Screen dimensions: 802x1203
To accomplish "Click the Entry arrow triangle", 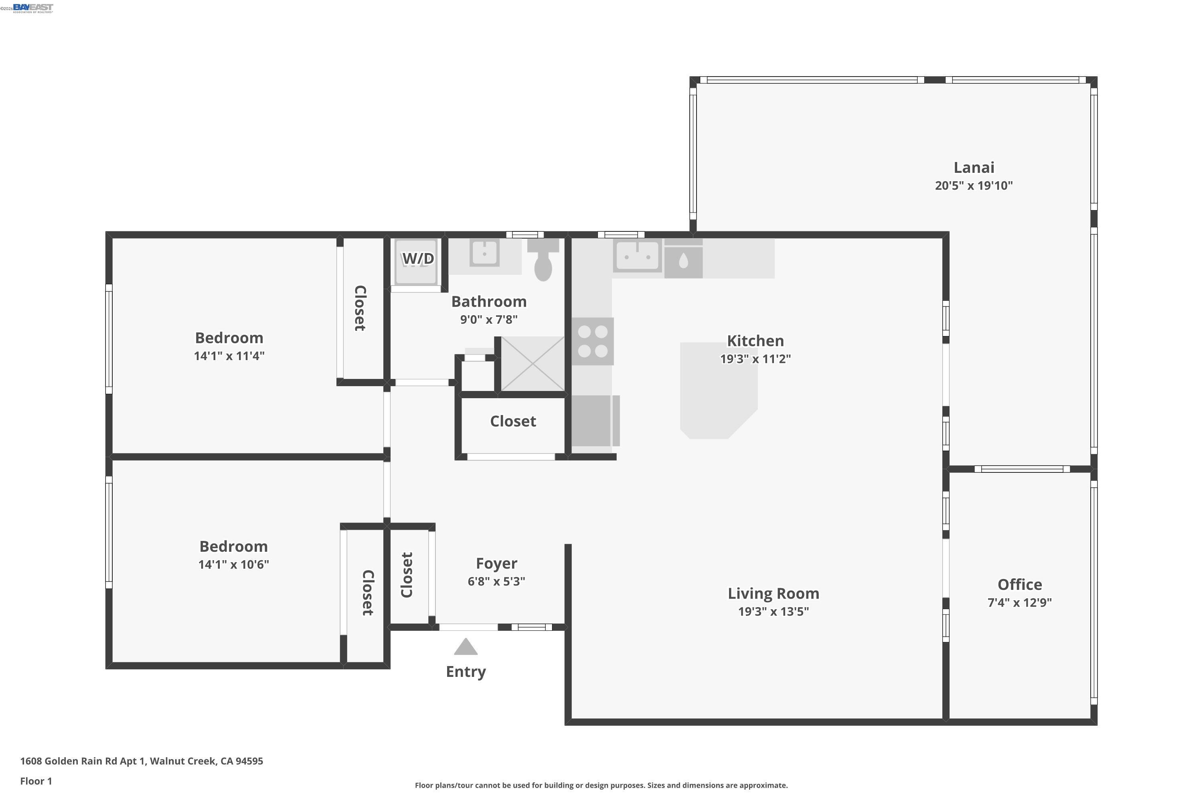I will pos(466,648).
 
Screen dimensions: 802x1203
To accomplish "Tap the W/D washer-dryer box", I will pos(417,262).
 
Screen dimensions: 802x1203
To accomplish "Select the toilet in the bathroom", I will pos(543,263).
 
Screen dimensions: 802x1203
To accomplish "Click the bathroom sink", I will pos(484,253).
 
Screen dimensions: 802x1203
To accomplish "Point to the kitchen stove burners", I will pos(592,341).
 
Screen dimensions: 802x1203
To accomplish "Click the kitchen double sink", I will pos(637,256).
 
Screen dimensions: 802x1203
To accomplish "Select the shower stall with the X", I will pos(533,364).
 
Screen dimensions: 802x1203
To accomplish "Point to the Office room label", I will pos(1019,585).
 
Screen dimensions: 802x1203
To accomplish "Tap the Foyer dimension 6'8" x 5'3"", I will pos(496,581).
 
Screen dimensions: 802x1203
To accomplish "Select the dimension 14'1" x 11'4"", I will pos(229,356).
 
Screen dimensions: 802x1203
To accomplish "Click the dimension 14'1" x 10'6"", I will pos(233,565).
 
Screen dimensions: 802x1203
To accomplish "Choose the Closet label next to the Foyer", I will pos(407,575).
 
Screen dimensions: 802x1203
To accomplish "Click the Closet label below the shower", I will pos(512,421).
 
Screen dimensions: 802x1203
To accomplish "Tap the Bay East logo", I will pos(33,8).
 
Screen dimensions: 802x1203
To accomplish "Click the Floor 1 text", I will pos(36,781).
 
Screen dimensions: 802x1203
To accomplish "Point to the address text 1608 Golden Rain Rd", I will pos(141,761).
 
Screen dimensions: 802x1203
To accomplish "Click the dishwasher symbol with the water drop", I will pos(683,261).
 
